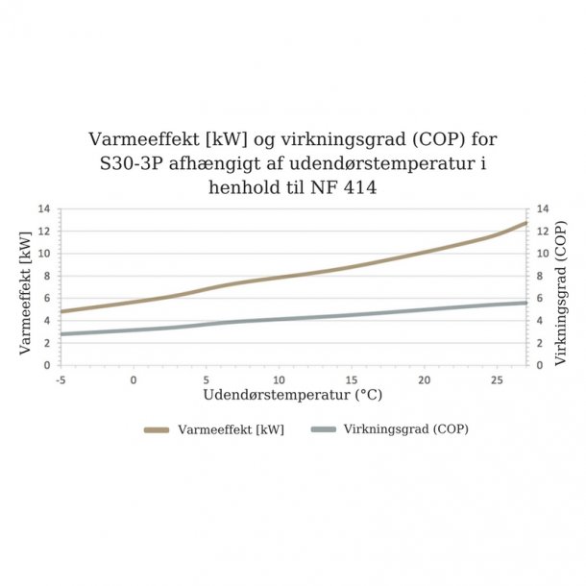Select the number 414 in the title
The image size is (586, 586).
tap(358, 188)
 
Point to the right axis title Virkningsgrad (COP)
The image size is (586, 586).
tap(561, 287)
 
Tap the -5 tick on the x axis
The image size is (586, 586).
tap(61, 379)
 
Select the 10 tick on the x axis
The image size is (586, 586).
tap(280, 379)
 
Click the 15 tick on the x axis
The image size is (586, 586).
tap(352, 379)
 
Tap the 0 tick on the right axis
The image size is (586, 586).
tap(541, 365)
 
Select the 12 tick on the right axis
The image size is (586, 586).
tap(544, 232)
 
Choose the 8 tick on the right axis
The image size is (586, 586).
tap(541, 276)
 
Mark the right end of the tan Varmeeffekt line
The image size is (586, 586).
tap(526, 223)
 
